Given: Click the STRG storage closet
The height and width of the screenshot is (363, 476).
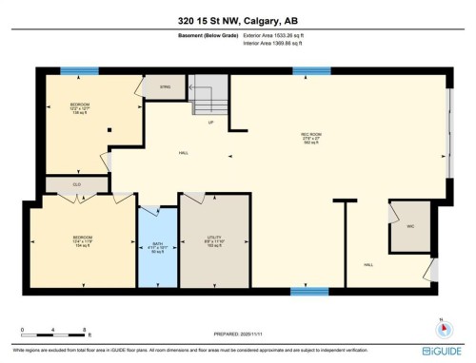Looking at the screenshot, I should pos(165,88).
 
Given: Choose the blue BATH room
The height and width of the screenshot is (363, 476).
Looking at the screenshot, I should pos(158,248).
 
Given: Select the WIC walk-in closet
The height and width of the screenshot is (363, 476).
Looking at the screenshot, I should pos(409,226).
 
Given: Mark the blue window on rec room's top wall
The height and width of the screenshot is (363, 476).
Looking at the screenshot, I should pos(306,70).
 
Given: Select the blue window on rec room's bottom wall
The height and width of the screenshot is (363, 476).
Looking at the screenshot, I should pos(304,291).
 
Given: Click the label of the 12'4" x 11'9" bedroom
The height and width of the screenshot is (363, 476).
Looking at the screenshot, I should pos(82,239).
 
